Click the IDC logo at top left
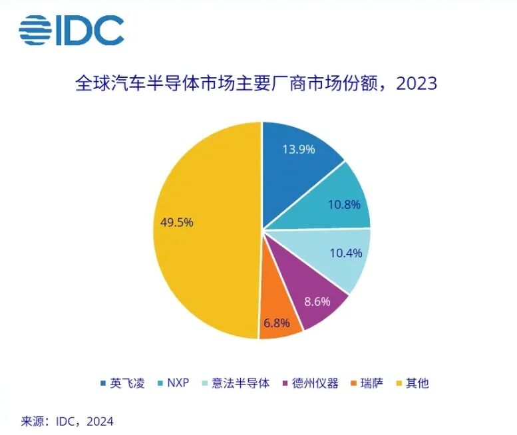(71, 30)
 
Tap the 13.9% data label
(298, 149)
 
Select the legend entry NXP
(178, 383)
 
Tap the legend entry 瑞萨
(371, 383)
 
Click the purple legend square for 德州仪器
(286, 384)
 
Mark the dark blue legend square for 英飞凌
(102, 384)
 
